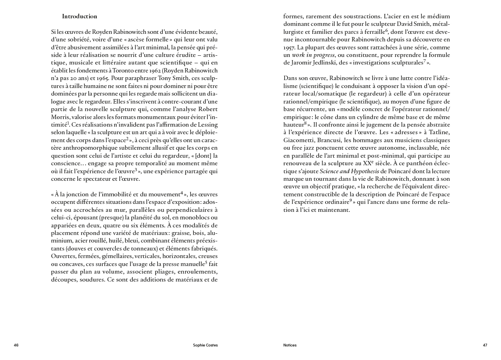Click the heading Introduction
click(80, 16)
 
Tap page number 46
click(16, 345)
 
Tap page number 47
click(485, 345)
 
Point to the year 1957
click(289, 47)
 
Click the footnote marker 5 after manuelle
click(206, 262)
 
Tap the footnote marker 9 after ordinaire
click(351, 200)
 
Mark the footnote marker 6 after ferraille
click(386, 30)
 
